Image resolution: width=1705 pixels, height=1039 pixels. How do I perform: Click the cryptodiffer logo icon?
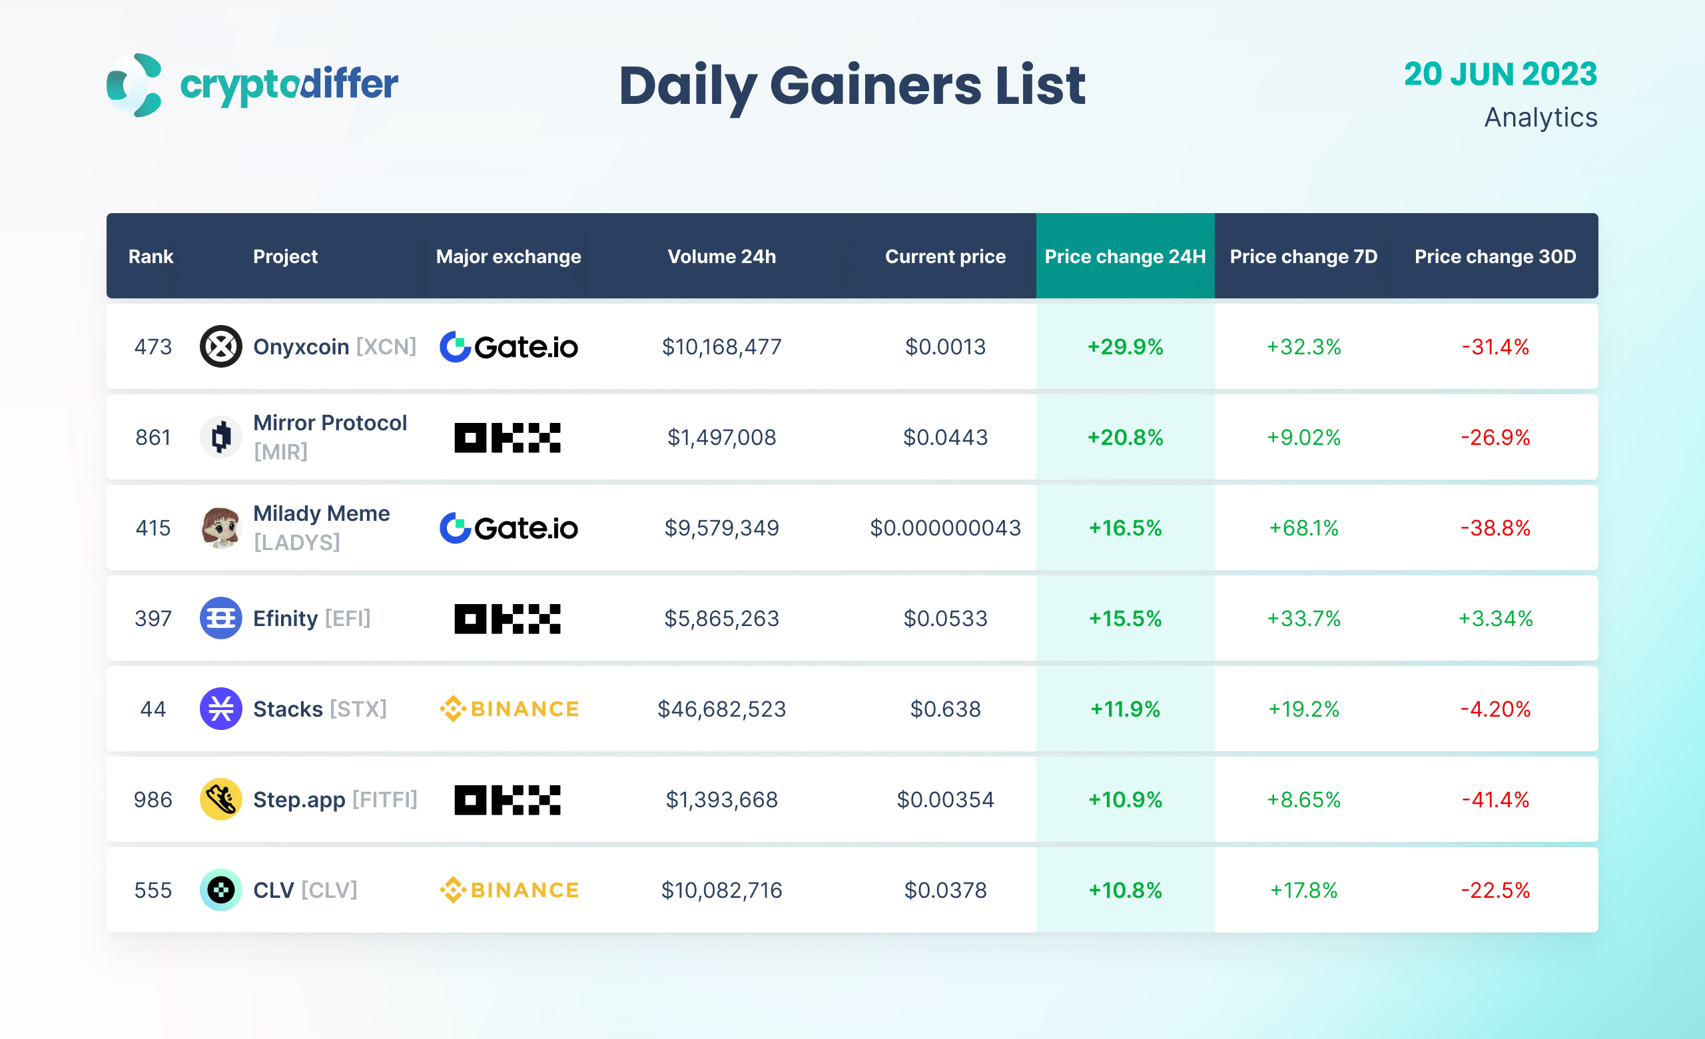135,85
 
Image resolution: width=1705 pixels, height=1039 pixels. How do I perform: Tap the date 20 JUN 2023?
1499,74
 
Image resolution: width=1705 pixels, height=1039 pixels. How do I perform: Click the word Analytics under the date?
1540,118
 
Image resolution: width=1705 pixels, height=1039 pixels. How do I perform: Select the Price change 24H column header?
1124,256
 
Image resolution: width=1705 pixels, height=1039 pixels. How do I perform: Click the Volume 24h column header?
721,256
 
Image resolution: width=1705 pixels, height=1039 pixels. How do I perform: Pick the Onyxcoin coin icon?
220,346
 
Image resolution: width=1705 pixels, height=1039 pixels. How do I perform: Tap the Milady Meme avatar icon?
220,527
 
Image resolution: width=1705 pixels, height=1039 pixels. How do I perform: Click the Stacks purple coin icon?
220,709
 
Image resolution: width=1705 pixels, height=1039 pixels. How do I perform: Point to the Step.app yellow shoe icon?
220,800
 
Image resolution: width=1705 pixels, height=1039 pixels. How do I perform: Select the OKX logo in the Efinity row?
508,619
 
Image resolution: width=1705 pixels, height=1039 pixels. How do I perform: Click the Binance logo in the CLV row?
509,890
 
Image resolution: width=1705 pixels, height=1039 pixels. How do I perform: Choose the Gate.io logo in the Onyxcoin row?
509,346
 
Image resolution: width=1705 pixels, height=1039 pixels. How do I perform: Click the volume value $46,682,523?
721,709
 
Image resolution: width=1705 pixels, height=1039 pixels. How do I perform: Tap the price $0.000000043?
944,527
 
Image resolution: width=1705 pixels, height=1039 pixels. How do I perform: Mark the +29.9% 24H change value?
1124,346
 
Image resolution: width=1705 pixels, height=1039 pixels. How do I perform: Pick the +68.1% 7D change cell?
1303,527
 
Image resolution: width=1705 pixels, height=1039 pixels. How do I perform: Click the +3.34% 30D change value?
1495,619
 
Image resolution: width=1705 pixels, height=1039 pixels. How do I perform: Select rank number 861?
153,437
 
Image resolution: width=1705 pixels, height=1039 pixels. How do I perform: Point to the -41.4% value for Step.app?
1495,800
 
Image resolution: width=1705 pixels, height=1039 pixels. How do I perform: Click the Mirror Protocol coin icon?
220,437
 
